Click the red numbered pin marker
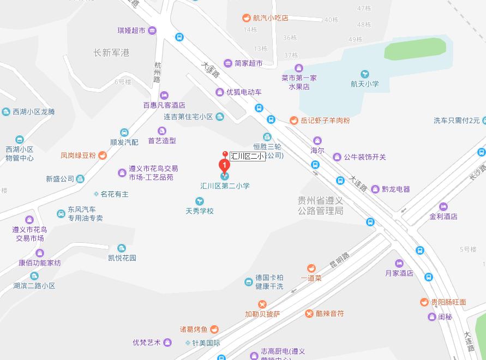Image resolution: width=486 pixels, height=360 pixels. (x=224, y=165)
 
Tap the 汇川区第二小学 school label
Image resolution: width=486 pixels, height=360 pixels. (x=225, y=186)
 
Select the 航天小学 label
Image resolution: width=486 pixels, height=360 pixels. (x=364, y=84)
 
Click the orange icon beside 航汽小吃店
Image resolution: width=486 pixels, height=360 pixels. (x=247, y=18)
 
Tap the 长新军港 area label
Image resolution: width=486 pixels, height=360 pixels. (x=111, y=53)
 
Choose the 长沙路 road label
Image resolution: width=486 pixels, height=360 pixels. (x=478, y=176)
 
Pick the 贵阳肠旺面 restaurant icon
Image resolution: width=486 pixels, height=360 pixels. (x=424, y=302)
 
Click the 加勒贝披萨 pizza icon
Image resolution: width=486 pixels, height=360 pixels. (x=262, y=304)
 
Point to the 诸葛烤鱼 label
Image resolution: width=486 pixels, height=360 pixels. (x=194, y=329)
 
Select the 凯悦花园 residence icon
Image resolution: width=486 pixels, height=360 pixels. (x=122, y=248)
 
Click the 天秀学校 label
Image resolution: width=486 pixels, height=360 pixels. (x=200, y=211)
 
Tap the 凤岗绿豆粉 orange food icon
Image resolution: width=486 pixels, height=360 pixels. (x=103, y=155)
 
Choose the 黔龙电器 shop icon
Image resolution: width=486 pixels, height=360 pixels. (x=375, y=189)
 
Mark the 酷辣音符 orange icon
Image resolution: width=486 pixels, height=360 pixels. (x=309, y=314)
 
